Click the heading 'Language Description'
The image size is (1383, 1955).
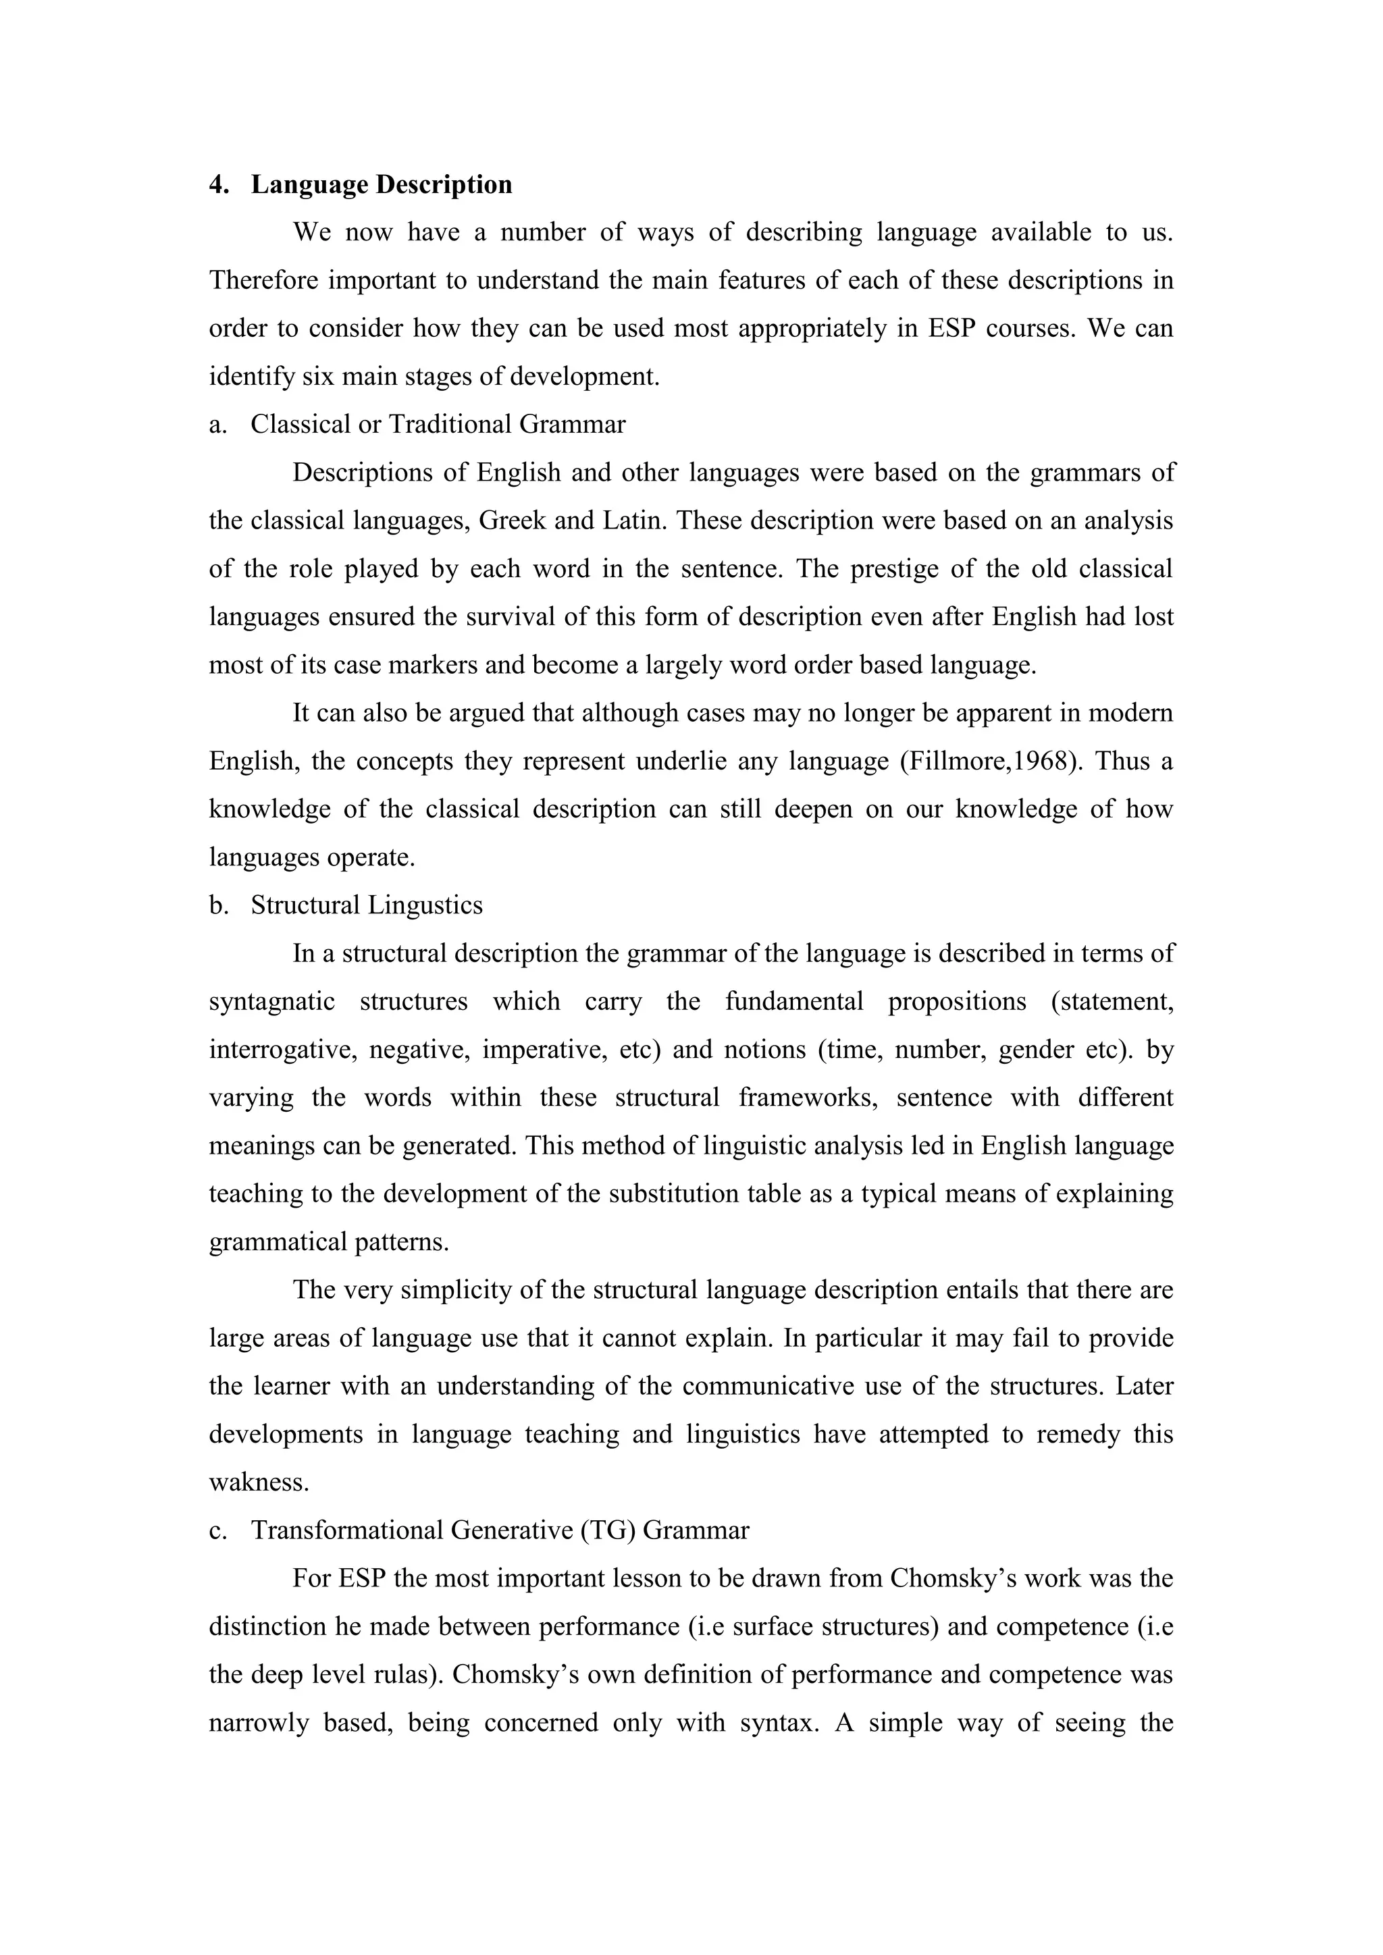point(382,185)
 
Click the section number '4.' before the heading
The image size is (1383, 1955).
point(219,185)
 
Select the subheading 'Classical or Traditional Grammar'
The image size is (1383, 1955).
point(438,424)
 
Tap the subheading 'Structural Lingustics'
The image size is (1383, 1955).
point(366,905)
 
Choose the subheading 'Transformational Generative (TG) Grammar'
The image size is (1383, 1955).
point(500,1530)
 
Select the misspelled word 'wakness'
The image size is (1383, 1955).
point(259,1482)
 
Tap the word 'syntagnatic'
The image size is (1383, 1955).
point(271,1001)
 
